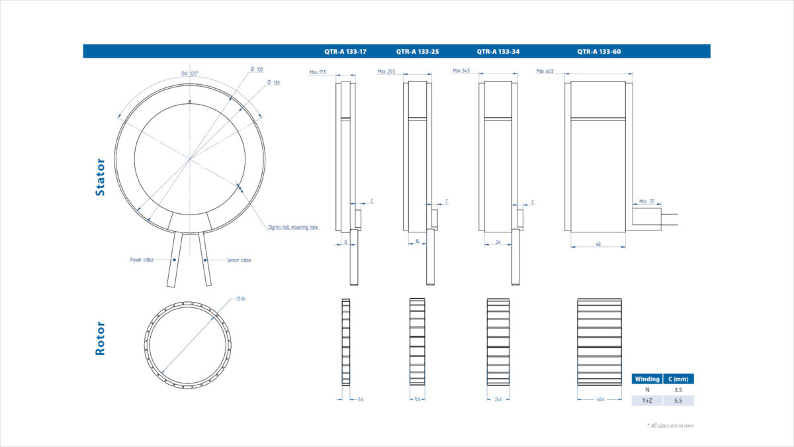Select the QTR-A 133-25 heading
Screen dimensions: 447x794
click(x=418, y=51)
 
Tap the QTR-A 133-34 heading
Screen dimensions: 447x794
click(x=498, y=51)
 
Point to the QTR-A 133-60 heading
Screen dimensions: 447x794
click(x=599, y=51)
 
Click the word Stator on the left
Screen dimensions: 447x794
click(x=101, y=177)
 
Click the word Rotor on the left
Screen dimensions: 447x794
click(x=101, y=338)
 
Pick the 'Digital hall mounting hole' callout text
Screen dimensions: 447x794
click(x=292, y=227)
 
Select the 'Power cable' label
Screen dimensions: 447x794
click(x=142, y=260)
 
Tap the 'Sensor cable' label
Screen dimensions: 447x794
click(x=239, y=260)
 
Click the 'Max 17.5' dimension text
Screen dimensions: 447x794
click(x=318, y=72)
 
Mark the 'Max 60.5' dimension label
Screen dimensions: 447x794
click(x=546, y=71)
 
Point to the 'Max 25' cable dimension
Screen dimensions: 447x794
click(x=647, y=201)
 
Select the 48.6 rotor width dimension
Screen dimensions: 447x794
click(x=599, y=399)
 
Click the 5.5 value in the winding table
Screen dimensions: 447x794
click(x=678, y=401)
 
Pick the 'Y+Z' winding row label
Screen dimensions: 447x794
click(x=646, y=401)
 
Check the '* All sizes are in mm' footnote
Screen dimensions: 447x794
click(x=670, y=426)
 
